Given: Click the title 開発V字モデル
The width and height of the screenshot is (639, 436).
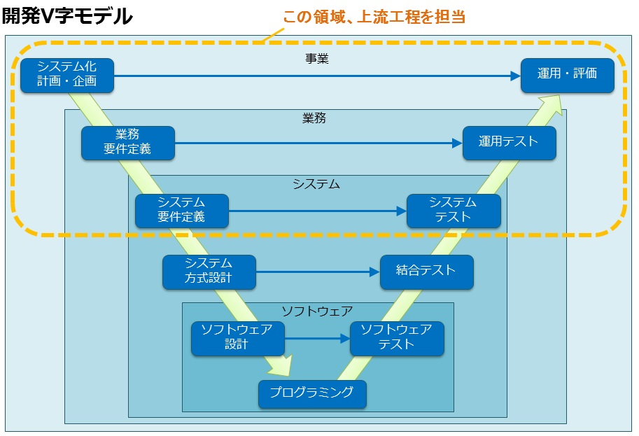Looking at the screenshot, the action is click(x=67, y=16).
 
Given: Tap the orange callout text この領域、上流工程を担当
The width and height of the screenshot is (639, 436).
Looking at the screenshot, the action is click(x=374, y=17).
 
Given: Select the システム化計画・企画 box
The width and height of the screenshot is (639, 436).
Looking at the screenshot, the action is click(x=67, y=76).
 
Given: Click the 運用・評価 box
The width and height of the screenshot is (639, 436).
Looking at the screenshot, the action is click(x=568, y=76).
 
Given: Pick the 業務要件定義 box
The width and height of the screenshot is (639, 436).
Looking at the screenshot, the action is click(x=128, y=143).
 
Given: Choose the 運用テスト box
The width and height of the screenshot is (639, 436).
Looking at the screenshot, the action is click(x=510, y=143).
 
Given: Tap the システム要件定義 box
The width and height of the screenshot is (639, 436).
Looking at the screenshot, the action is click(x=182, y=211).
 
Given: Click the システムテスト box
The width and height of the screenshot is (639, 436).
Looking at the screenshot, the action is click(x=454, y=211).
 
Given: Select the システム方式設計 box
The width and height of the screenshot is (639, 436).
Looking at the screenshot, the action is click(x=209, y=272).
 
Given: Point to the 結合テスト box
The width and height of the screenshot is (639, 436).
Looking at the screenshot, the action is click(x=427, y=272).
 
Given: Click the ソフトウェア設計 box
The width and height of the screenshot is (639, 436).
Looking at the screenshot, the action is click(x=238, y=339).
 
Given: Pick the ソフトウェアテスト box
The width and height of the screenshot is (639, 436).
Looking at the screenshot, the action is click(x=397, y=339).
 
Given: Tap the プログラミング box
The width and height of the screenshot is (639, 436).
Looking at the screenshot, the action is click(x=313, y=394).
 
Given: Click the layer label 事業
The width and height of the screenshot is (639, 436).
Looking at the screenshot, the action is click(x=317, y=59).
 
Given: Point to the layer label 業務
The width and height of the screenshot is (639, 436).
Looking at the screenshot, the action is click(x=314, y=118).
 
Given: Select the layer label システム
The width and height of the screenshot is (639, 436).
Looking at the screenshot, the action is click(x=316, y=184).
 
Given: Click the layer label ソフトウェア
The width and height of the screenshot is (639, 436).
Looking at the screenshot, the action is click(x=318, y=311).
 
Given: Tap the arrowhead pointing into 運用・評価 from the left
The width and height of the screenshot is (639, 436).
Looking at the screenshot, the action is click(x=516, y=76).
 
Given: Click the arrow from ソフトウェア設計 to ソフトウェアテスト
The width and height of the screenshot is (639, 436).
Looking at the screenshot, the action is click(x=318, y=338).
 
